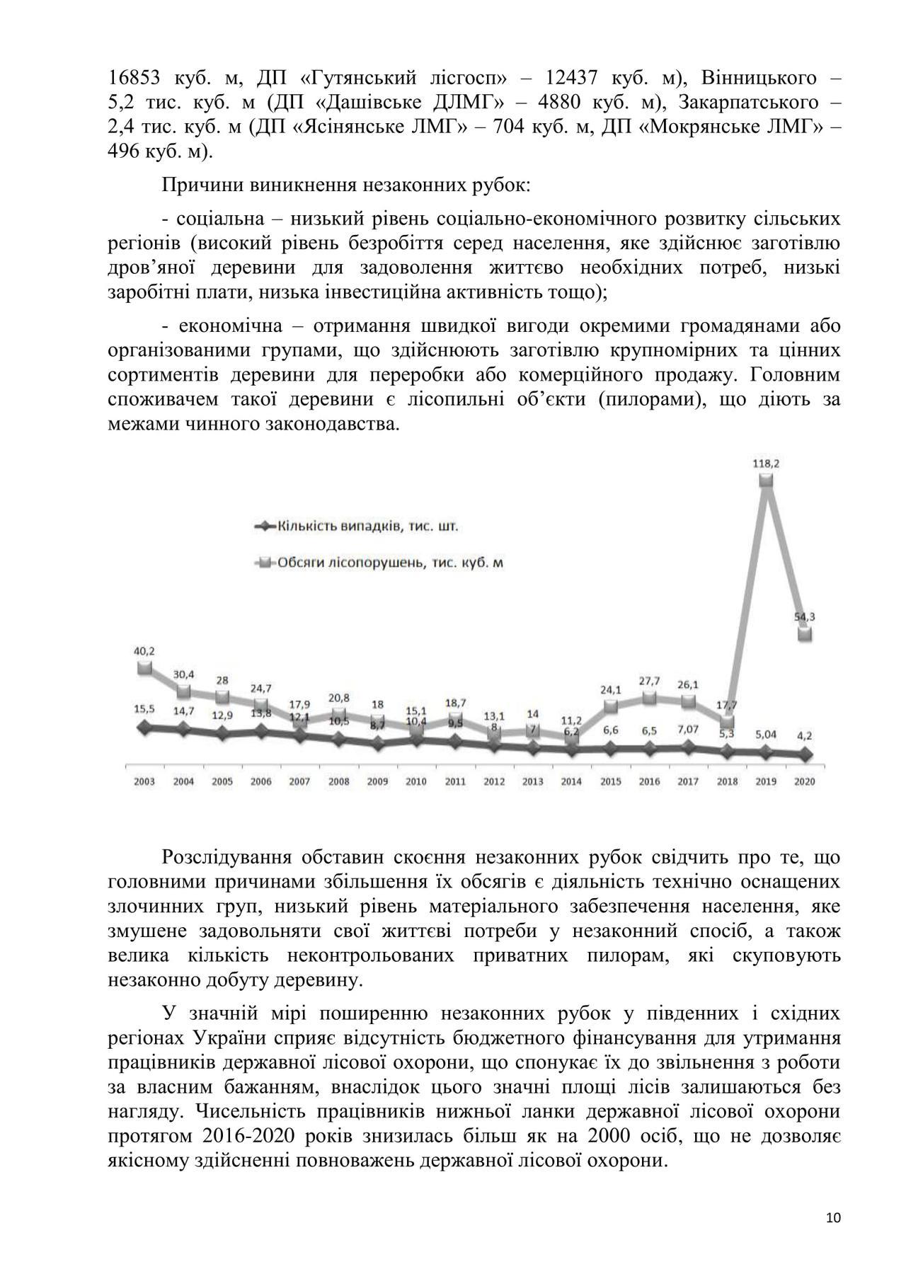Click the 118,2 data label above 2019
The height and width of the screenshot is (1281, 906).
(x=766, y=464)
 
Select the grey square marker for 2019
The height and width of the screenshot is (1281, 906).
(x=766, y=481)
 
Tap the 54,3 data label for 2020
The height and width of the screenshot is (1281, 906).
(x=805, y=616)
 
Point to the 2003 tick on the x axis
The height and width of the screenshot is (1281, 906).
(x=144, y=781)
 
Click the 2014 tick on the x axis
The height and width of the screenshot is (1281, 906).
(x=571, y=781)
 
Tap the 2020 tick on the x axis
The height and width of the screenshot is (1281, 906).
(x=805, y=781)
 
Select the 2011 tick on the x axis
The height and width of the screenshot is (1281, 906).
(x=455, y=781)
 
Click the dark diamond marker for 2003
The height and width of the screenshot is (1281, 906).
(x=145, y=728)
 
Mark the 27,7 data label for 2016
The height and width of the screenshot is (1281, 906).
(x=649, y=681)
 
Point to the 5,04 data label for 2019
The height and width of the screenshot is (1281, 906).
(x=766, y=735)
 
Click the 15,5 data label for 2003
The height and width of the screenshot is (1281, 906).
(x=144, y=708)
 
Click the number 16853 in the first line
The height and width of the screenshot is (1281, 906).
(x=135, y=78)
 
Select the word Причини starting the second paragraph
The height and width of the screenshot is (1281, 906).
(x=203, y=186)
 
